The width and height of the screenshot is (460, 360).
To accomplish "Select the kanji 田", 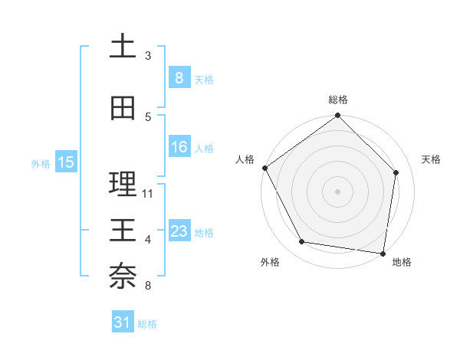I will tap(123, 109).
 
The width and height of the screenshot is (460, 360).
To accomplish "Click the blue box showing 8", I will tap(179, 77).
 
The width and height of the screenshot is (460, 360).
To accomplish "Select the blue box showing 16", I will tap(179, 147).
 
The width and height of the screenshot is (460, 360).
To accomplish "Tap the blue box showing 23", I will tap(179, 231).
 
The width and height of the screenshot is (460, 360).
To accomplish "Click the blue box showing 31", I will tap(123, 322).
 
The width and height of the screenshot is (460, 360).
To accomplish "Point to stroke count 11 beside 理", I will tap(149, 193).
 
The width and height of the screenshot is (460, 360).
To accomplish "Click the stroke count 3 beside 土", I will tap(148, 56).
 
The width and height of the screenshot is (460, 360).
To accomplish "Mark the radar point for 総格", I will tap(337, 116).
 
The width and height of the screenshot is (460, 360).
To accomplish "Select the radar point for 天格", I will tap(396, 172).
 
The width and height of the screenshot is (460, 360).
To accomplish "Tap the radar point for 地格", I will tap(383, 253).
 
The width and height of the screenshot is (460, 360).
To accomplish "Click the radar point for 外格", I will tap(302, 242).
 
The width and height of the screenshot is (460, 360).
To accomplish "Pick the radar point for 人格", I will tap(264, 168).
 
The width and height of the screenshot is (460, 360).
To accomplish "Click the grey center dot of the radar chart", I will tap(337, 191).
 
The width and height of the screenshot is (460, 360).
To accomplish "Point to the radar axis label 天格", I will tap(432, 159).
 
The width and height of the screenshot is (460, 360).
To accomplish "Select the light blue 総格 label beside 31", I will tap(147, 324).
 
